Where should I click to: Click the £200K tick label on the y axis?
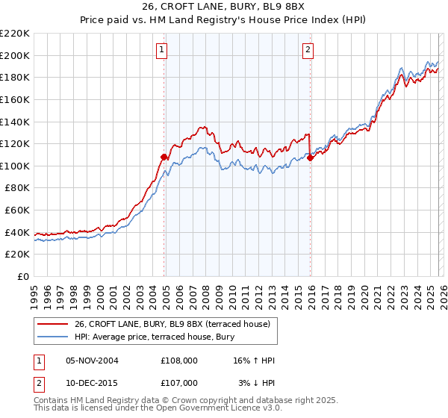15,55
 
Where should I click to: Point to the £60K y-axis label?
17,210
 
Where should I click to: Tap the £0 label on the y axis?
23,277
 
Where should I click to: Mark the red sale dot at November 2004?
164,157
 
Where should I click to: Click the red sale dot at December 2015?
311,157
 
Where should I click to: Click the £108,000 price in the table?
178,361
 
